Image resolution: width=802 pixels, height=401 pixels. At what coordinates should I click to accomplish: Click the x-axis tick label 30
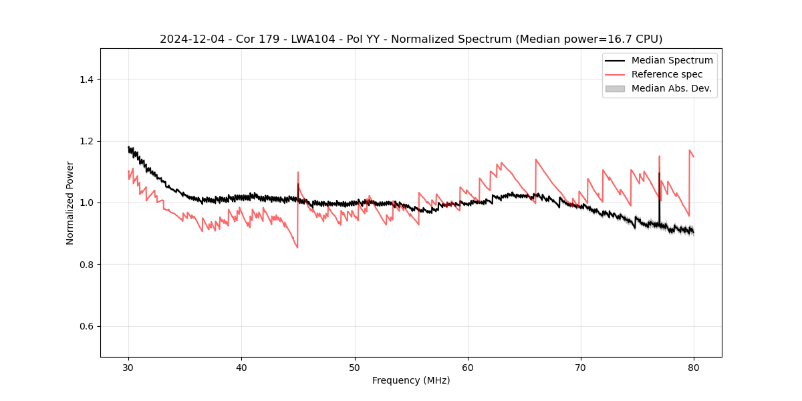point(128,367)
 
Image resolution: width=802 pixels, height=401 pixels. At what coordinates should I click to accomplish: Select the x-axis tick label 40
point(241,367)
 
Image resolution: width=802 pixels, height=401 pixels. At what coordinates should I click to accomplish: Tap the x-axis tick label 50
point(355,367)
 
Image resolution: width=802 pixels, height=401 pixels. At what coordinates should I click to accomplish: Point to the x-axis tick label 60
point(468,367)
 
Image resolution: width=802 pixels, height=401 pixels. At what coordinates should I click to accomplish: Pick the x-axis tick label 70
point(581,367)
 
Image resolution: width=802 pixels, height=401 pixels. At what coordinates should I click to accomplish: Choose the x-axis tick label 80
point(694,367)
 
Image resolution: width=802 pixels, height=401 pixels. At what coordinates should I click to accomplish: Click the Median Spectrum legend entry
point(672,60)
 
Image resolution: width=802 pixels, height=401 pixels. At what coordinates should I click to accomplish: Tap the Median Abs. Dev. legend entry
point(671,88)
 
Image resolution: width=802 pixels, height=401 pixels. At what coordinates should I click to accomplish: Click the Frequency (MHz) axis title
point(411,380)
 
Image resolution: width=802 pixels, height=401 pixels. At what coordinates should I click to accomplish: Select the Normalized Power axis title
point(70,203)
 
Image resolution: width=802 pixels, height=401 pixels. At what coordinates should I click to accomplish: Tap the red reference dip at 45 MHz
point(297,247)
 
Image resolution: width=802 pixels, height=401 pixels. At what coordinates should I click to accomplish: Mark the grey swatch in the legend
point(615,88)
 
